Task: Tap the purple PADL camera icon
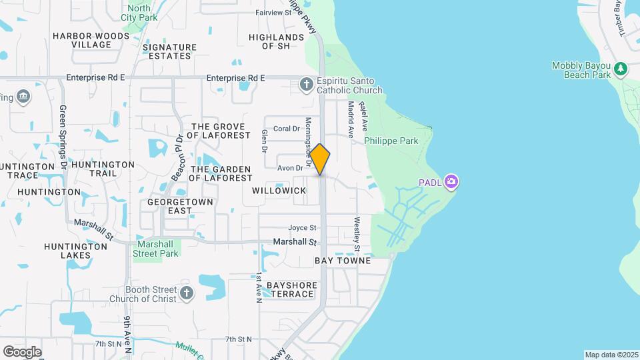(451, 181)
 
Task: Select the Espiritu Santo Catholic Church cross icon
(306, 84)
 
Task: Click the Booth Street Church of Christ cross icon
(187, 292)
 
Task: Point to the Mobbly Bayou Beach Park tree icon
(621, 68)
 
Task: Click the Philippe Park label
(391, 141)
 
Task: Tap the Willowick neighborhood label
(279, 191)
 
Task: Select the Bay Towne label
(343, 261)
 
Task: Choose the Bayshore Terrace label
(292, 289)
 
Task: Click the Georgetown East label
(170, 206)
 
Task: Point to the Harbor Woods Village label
(91, 40)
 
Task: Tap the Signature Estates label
(169, 51)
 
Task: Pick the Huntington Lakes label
(75, 251)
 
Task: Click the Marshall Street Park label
(156, 249)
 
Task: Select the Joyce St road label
(302, 227)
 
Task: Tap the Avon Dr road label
(290, 168)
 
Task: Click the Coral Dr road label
(287, 129)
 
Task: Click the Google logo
(22, 351)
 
